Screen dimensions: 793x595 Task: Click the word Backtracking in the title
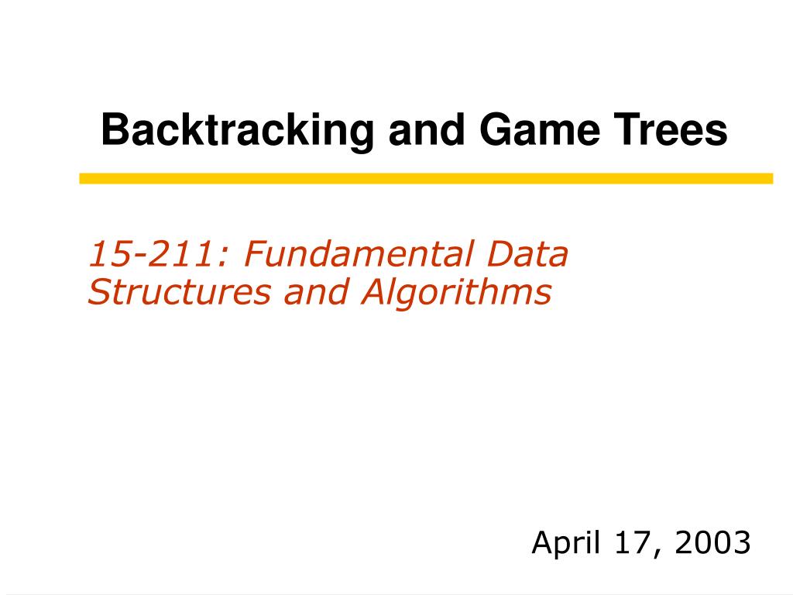pos(237,131)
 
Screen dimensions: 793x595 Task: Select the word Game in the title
pos(539,129)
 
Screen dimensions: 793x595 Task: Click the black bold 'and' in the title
pos(426,129)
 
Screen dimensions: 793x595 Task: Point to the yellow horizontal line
pos(427,179)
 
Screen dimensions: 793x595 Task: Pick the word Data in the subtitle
pos(527,253)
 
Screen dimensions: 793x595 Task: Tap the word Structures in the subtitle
pos(179,292)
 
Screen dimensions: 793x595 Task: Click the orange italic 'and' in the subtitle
pos(316,292)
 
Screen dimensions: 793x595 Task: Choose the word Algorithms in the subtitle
pos(455,292)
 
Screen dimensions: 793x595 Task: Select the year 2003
pos(712,542)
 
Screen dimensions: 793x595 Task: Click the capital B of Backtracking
pos(115,129)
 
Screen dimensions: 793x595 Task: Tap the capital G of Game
pos(494,129)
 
